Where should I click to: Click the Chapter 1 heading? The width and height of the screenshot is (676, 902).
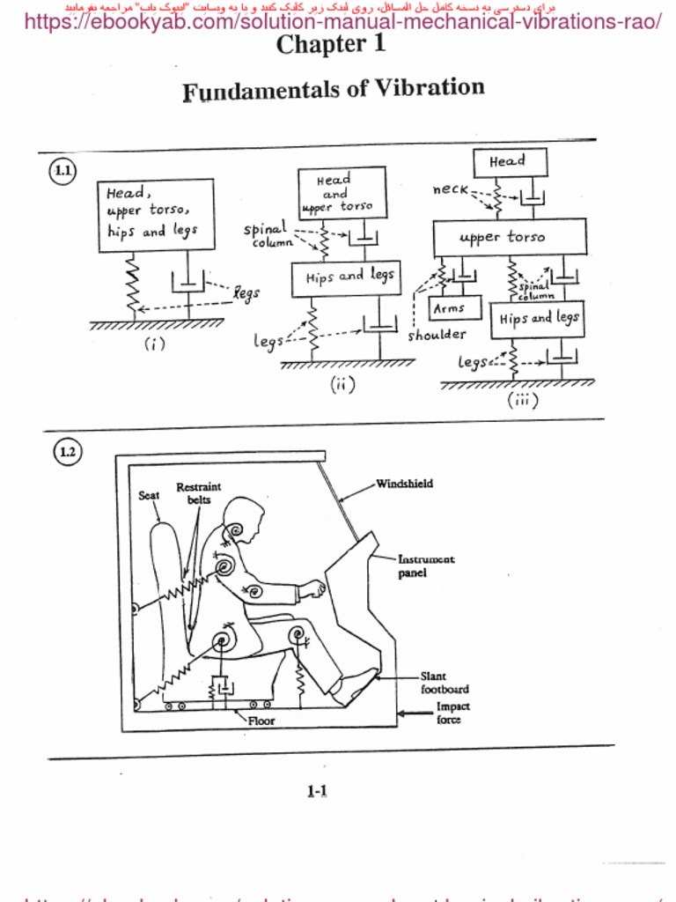coord(331,45)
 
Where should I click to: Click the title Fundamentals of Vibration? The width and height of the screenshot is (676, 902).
coord(333,89)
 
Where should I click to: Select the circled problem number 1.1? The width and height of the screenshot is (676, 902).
coord(62,172)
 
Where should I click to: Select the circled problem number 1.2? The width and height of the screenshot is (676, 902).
coord(67,453)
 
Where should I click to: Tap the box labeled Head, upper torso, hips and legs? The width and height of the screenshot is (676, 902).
coord(155,215)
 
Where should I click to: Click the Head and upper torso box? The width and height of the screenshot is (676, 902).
coord(342,193)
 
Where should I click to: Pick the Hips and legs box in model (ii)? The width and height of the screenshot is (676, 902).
coord(346,277)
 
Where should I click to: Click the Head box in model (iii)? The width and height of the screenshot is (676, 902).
coord(510,162)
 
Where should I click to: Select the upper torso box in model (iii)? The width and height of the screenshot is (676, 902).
coord(509,237)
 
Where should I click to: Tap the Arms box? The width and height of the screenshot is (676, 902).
coord(454,308)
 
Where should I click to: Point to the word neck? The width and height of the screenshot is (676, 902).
coord(451,189)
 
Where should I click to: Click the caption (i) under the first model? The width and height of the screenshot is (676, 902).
coord(155,344)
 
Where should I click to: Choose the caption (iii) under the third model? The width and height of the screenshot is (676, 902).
coord(522,400)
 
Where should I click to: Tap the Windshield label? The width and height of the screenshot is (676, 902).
coord(404,484)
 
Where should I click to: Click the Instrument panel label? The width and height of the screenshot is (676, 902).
coord(426,566)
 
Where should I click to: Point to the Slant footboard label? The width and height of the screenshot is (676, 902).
coord(444,683)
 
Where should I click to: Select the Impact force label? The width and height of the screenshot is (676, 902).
coord(452,713)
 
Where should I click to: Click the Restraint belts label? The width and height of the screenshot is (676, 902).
coord(199,493)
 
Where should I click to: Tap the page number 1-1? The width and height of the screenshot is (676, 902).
coord(317,791)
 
